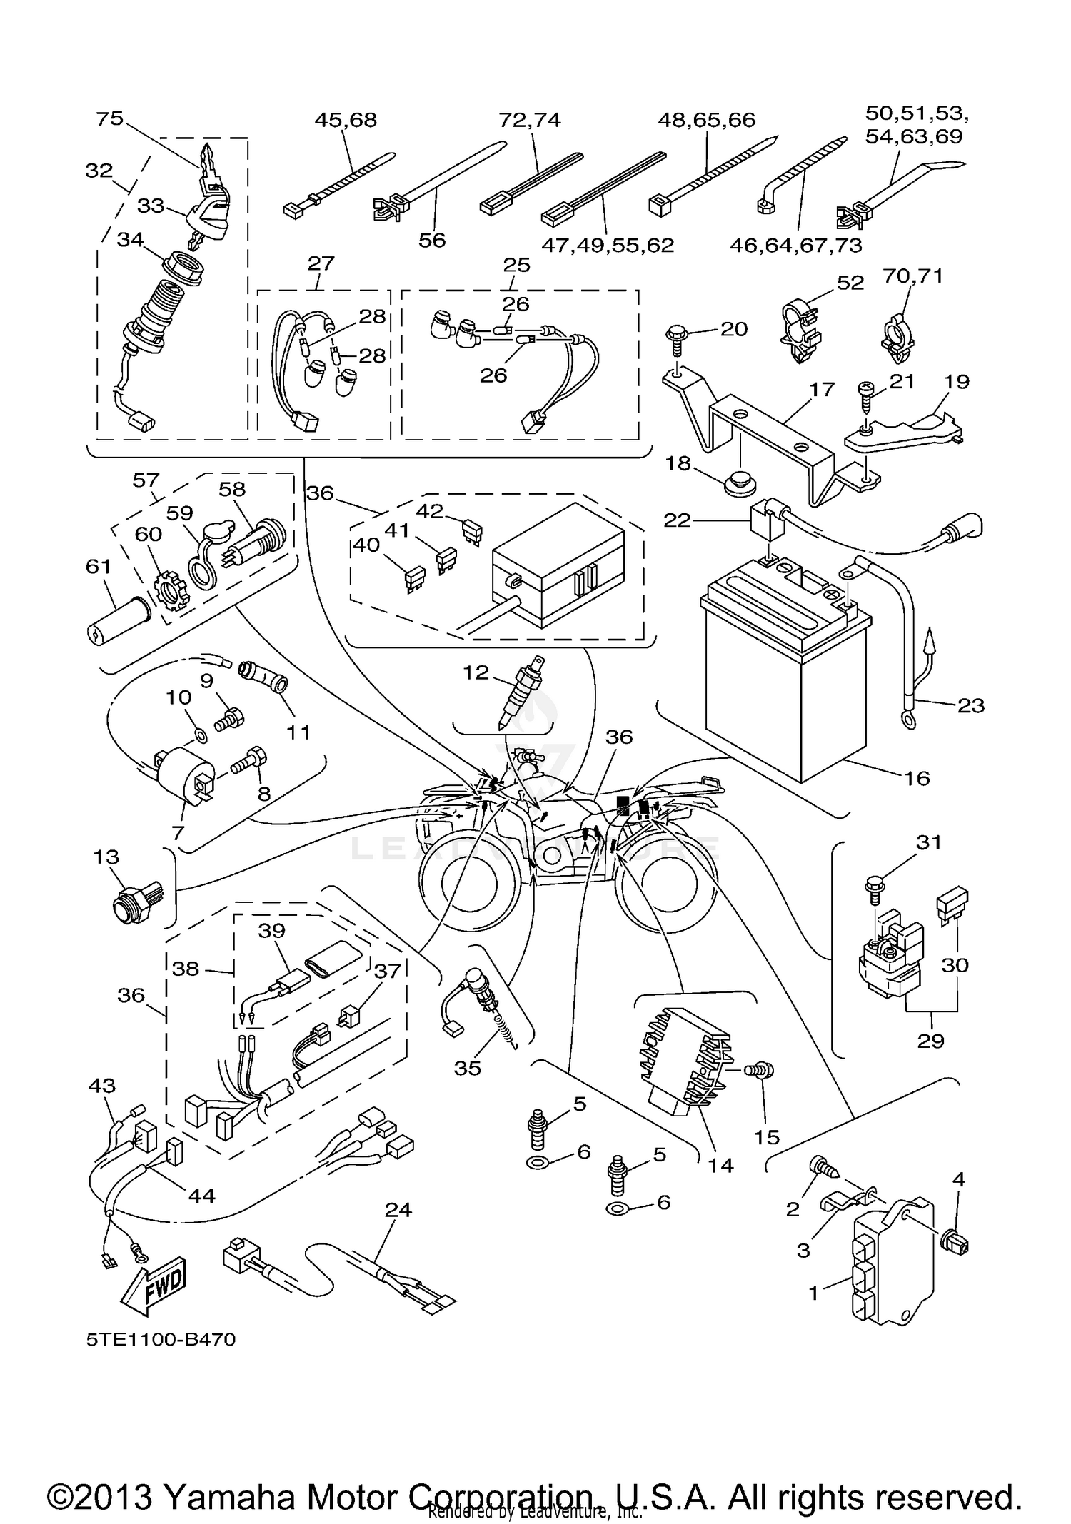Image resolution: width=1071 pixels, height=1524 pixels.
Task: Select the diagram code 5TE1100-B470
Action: point(161,1339)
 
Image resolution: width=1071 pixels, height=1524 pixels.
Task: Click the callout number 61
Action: point(98,567)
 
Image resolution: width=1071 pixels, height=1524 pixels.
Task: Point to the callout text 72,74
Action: point(529,120)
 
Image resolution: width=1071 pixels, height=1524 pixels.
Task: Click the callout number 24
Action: point(398,1209)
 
